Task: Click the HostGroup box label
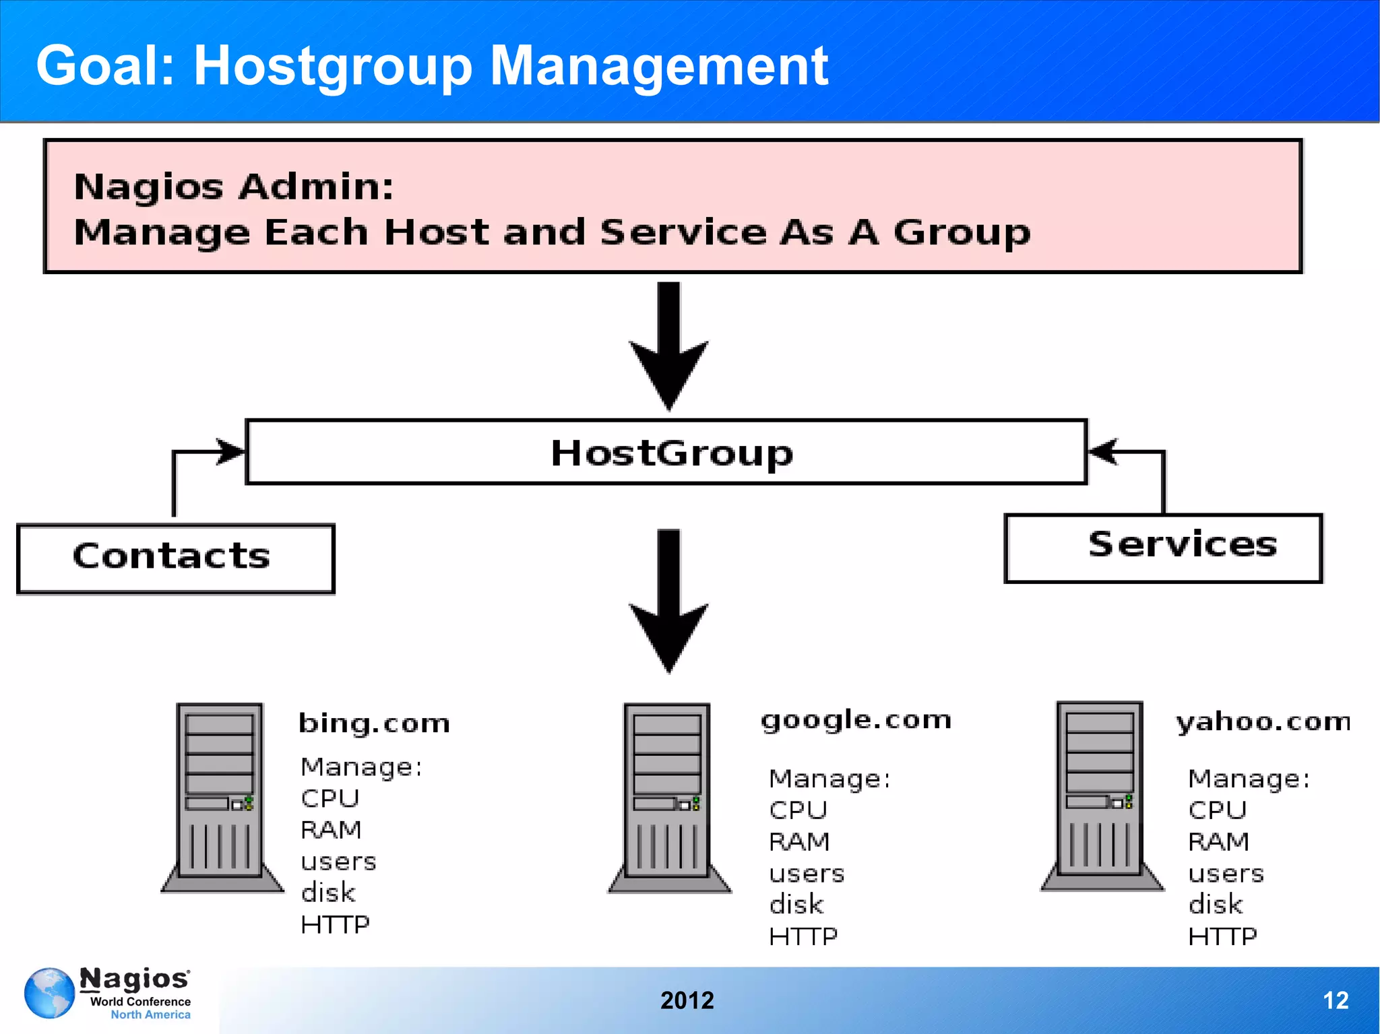click(x=672, y=453)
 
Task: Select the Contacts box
click(x=175, y=558)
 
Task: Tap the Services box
click(x=1163, y=548)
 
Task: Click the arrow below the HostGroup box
click(x=668, y=600)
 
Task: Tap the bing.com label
click(x=374, y=723)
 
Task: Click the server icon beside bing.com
click(x=221, y=798)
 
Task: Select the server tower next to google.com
click(x=668, y=798)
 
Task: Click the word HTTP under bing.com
click(x=335, y=925)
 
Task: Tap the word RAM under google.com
click(x=799, y=842)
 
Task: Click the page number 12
click(x=1336, y=1000)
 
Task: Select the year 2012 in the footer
click(x=687, y=1000)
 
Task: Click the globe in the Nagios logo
click(x=49, y=993)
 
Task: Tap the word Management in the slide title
click(x=658, y=66)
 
